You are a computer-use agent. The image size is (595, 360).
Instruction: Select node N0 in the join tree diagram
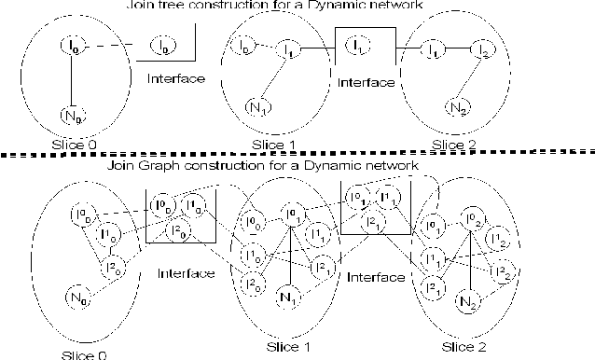[73, 116]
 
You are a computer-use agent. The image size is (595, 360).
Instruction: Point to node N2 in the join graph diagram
[468, 303]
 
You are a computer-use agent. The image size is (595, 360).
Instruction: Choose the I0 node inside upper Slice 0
[73, 44]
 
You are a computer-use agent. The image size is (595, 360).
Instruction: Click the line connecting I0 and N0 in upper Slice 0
[73, 79]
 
